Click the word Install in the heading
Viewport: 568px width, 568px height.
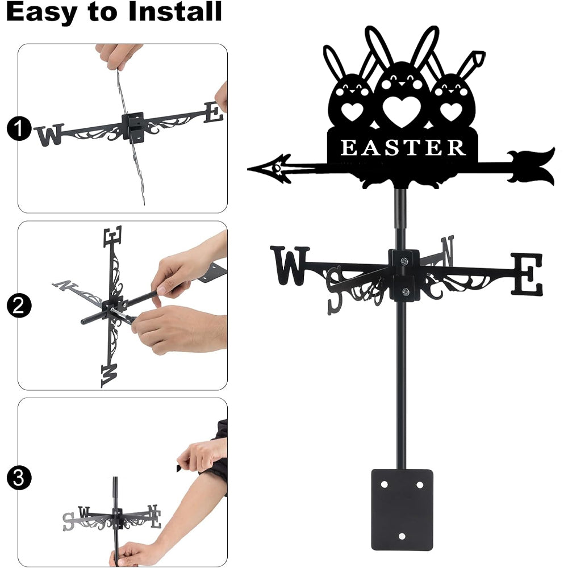tap(175, 11)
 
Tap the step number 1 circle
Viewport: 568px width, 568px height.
tap(19, 129)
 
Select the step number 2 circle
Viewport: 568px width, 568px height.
tap(19, 306)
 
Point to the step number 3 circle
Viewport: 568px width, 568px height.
tap(19, 478)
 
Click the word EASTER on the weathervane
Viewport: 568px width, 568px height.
tap(403, 148)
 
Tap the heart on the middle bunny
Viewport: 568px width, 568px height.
tap(402, 111)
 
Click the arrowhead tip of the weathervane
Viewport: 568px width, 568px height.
tap(249, 169)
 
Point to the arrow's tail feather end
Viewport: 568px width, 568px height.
tap(553, 166)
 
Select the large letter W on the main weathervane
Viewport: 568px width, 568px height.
tap(290, 265)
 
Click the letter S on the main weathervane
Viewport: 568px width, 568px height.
tap(335, 290)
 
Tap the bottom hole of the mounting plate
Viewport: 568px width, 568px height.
tap(402, 536)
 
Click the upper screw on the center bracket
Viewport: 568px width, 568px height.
tap(404, 261)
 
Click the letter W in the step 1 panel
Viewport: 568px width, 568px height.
tap(49, 135)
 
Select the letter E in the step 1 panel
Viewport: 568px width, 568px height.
tap(214, 112)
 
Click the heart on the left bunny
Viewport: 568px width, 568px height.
tap(352, 111)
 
